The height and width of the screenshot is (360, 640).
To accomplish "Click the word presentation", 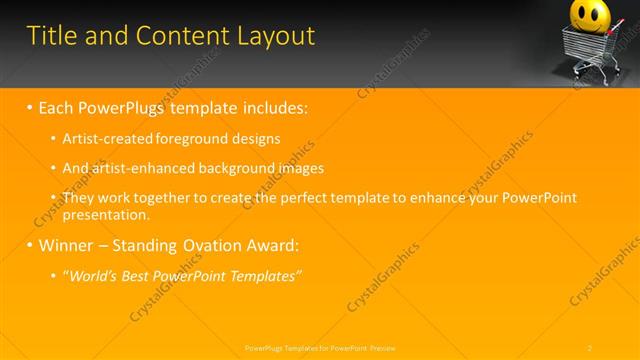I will [105, 214].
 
